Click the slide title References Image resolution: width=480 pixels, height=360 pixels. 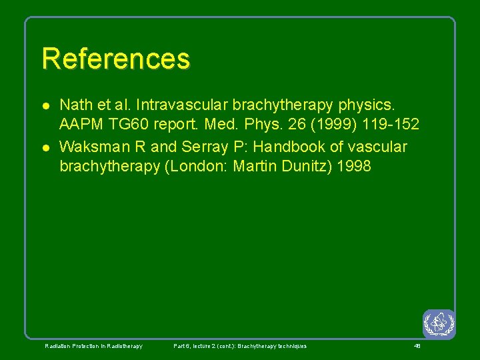(x=115, y=59)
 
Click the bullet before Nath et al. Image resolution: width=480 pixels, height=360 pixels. (x=44, y=105)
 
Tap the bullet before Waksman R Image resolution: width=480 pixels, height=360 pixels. (x=44, y=147)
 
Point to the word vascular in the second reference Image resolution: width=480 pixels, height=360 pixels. (x=377, y=146)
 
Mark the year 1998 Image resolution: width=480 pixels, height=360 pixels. (x=354, y=167)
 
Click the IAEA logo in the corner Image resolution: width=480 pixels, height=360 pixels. (x=439, y=325)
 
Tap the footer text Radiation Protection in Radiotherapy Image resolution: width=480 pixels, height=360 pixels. (x=93, y=346)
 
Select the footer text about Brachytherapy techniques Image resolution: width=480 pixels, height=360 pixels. (x=240, y=346)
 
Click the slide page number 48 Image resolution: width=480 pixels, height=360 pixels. (x=417, y=346)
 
